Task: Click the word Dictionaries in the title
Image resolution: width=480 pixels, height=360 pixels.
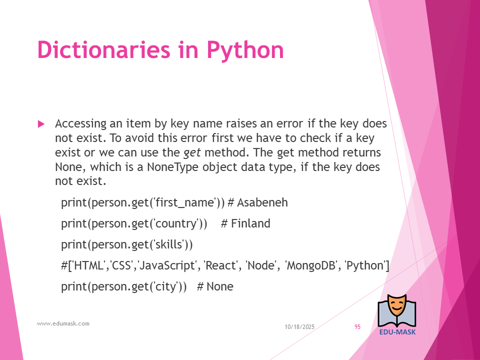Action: [103, 49]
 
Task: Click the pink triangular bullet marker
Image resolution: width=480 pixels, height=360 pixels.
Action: [41, 124]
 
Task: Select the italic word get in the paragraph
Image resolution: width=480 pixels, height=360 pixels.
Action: [192, 153]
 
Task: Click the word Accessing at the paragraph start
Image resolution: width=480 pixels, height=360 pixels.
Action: [81, 124]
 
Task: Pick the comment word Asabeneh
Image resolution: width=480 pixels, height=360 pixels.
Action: [262, 202]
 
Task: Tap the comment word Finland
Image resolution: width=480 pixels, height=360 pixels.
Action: [250, 223]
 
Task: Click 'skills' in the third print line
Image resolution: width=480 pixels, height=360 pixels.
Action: [169, 244]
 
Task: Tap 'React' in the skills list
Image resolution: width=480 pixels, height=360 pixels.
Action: [220, 265]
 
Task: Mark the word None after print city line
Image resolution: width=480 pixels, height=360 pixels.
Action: [220, 286]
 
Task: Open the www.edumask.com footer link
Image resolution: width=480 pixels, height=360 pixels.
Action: [63, 323]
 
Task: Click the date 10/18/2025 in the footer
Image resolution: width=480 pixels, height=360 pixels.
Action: [299, 327]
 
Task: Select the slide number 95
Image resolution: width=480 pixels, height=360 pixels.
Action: [357, 327]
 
